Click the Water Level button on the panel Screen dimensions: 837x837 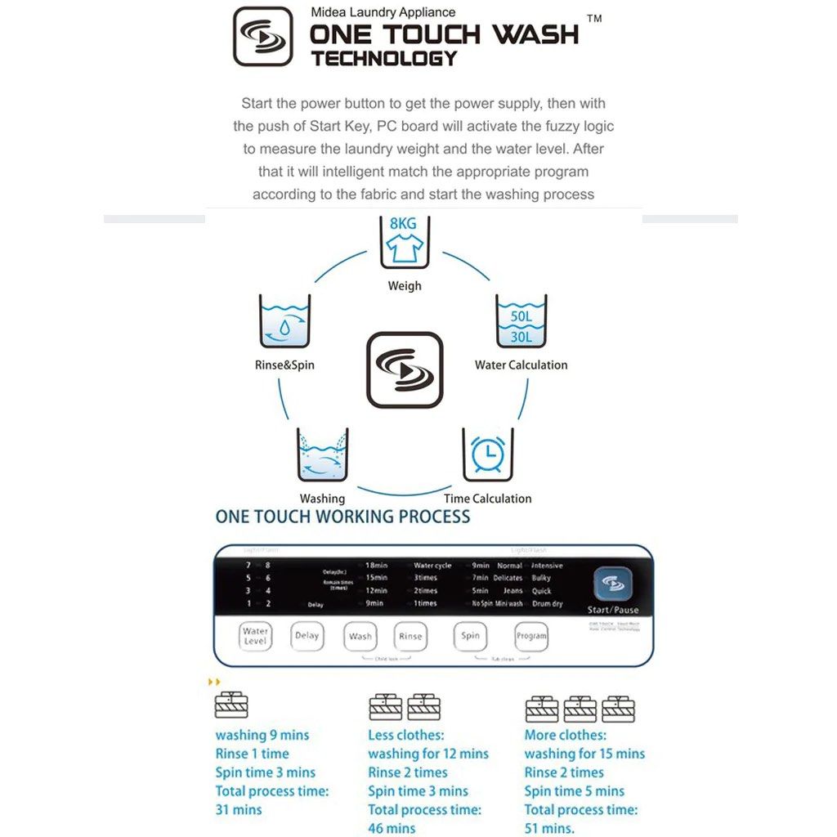point(255,636)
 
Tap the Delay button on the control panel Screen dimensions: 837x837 point(307,636)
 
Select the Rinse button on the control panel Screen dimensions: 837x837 point(410,636)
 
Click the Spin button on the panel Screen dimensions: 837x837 point(470,636)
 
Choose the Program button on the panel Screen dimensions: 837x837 point(531,636)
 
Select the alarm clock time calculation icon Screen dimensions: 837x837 point(488,454)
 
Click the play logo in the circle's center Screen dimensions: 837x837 point(405,369)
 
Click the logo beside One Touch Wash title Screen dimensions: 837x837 point(262,37)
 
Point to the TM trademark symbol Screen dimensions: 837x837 point(594,19)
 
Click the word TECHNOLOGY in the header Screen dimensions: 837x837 point(383,59)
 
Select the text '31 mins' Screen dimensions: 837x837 point(239,809)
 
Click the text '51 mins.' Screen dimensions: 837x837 point(549,828)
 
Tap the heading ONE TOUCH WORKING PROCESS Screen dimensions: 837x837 point(342,517)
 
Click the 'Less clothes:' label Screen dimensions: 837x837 point(405,735)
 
